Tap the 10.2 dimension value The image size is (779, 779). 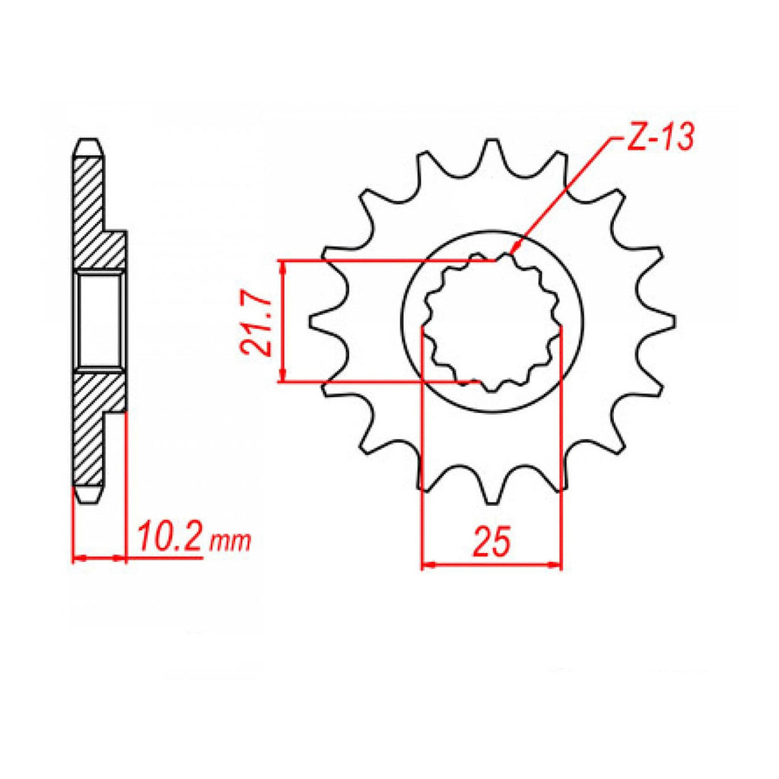[169, 536]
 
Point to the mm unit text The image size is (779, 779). [231, 542]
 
